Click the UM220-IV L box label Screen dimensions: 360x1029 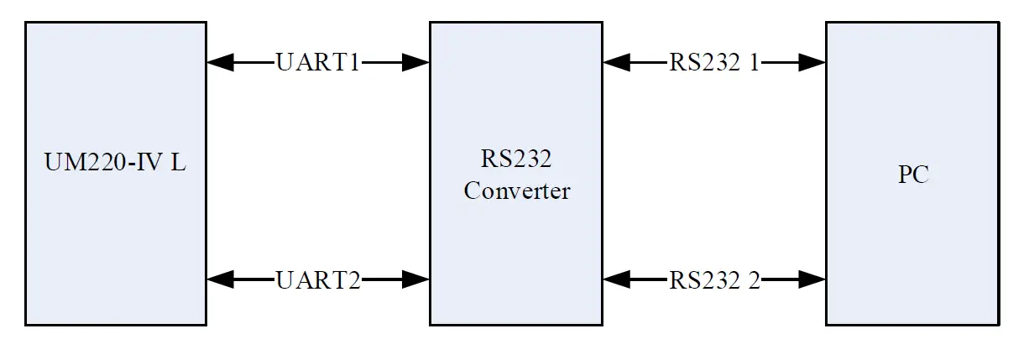pos(115,163)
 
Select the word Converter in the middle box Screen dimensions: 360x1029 pos(516,191)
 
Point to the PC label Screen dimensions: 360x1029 pos(913,175)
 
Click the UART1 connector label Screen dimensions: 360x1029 pos(318,62)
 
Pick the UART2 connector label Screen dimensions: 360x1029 pos(318,279)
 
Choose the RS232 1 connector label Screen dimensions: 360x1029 pos(714,62)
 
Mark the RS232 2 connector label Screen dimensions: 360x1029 pos(714,279)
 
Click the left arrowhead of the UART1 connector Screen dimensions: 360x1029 pos(218,61)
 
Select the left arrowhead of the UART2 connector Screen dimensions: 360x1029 pos(218,279)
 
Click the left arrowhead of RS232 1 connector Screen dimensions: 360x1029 pos(614,61)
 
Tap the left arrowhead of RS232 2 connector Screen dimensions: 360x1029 pos(614,279)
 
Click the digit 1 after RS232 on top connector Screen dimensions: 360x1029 pos(754,62)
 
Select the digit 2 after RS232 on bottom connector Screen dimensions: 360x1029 pos(754,279)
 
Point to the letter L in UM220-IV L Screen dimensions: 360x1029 pos(179,163)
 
